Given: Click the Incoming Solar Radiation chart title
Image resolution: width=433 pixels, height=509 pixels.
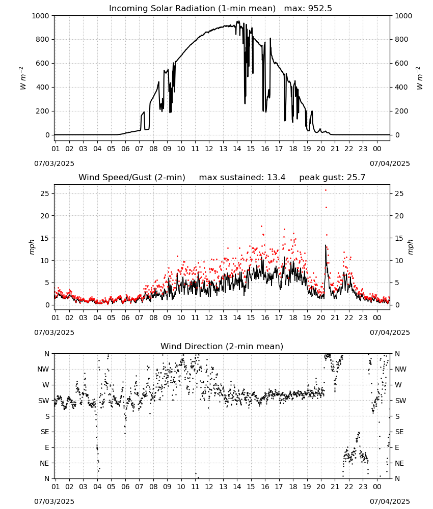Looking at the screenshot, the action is click(x=192, y=9).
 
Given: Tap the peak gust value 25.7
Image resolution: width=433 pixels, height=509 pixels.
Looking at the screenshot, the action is click(x=355, y=178).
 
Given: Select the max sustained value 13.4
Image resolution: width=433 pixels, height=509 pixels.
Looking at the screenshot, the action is click(x=276, y=178).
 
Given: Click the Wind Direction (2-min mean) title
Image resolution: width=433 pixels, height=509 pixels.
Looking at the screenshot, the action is click(x=222, y=346).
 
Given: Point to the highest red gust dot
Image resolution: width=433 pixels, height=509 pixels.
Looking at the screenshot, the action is click(x=326, y=190).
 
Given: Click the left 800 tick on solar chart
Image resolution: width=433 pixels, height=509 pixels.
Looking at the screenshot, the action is click(x=43, y=39).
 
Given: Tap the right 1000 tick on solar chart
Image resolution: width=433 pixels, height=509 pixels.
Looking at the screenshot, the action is click(x=403, y=16).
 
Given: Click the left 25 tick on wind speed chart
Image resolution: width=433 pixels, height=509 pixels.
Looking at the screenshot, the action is click(x=45, y=193).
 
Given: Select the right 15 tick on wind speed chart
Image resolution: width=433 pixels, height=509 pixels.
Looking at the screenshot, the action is click(x=399, y=238).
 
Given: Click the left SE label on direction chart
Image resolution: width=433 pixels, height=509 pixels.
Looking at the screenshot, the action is click(x=45, y=432).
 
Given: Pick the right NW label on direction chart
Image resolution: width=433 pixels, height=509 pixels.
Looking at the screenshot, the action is click(x=400, y=369).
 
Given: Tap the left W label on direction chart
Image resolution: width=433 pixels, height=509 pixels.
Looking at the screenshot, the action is click(x=46, y=385).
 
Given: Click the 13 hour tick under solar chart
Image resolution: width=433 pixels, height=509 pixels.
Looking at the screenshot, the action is click(x=223, y=149).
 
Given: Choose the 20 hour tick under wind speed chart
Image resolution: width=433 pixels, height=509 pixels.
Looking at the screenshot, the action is click(x=321, y=318).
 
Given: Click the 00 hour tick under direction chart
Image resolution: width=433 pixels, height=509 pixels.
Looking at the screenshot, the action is click(x=377, y=487).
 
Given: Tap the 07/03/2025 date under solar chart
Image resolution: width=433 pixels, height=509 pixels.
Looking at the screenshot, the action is click(x=54, y=163).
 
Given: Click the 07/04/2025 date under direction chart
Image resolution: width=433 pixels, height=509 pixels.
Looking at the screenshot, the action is click(x=390, y=501).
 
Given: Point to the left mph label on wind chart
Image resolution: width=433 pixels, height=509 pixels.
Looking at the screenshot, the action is click(x=32, y=247).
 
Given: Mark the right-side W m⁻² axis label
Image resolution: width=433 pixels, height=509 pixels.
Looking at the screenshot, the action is click(x=419, y=78).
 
